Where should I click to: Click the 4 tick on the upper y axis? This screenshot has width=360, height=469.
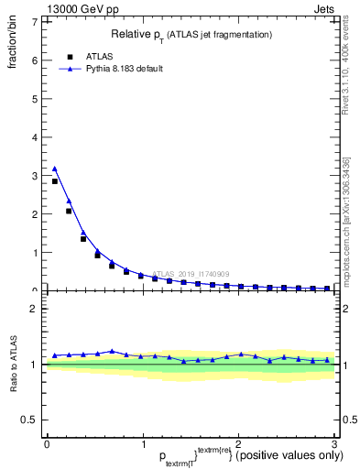(x=35, y=137)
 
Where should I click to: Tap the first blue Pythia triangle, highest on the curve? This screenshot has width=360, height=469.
(x=55, y=169)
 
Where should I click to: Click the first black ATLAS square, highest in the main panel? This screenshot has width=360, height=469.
(x=55, y=181)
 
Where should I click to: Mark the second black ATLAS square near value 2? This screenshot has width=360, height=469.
(x=69, y=211)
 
